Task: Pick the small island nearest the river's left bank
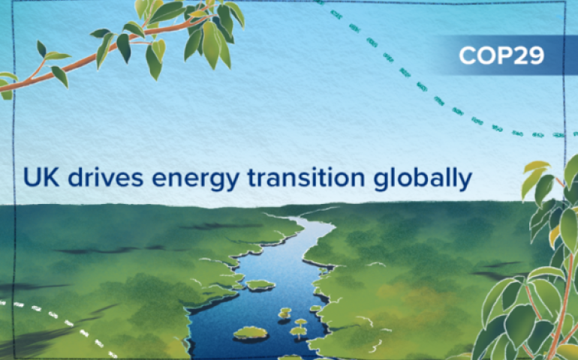point(260,284)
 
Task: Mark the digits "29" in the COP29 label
point(530,57)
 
